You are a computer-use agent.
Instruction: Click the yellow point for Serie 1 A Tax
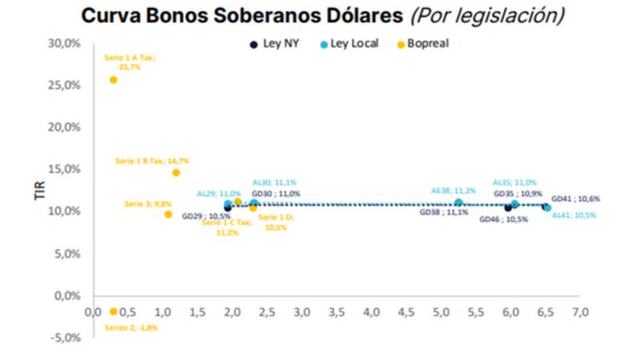pyautogui.click(x=113, y=79)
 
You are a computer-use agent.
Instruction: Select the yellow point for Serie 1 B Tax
pyautogui.click(x=175, y=172)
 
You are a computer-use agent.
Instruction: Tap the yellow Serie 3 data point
pyautogui.click(x=168, y=214)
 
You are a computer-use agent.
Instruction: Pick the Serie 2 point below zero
pyautogui.click(x=113, y=311)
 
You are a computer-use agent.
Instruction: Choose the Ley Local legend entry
pyautogui.click(x=349, y=43)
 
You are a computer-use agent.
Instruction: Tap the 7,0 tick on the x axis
pyautogui.click(x=580, y=311)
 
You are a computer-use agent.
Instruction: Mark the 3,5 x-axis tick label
pyautogui.click(x=336, y=311)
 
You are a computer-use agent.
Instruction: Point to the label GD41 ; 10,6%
pyautogui.click(x=576, y=198)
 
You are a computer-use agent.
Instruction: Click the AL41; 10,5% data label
pyautogui.click(x=574, y=216)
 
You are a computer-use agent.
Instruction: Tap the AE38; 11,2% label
pyautogui.click(x=454, y=191)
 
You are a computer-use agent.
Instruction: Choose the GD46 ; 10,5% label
pyautogui.click(x=503, y=220)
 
